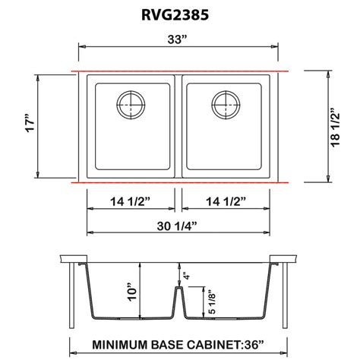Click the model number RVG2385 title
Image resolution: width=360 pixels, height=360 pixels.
point(179,14)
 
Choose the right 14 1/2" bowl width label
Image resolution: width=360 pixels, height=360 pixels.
point(224,201)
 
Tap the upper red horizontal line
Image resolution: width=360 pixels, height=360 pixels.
point(179,71)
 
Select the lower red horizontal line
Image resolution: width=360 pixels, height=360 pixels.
point(179,183)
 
